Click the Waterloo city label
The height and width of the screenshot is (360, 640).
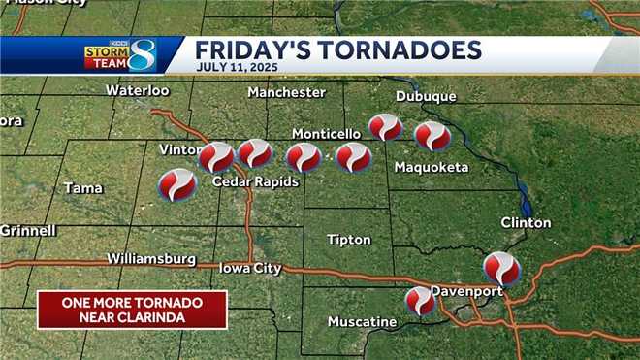137,90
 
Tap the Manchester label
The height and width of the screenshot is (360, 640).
286,92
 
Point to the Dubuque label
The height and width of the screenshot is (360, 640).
425,96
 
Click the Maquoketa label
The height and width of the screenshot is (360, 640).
432,168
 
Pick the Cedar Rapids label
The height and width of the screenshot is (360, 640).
255,181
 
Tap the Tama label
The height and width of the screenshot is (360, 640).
83,188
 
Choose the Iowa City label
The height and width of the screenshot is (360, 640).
250,268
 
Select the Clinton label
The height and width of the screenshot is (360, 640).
526,223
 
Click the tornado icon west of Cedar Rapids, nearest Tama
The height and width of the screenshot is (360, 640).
176,184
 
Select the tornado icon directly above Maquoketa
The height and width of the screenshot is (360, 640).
432,136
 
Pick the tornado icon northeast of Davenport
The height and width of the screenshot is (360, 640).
501,267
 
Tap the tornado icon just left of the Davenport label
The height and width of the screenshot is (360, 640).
420,301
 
